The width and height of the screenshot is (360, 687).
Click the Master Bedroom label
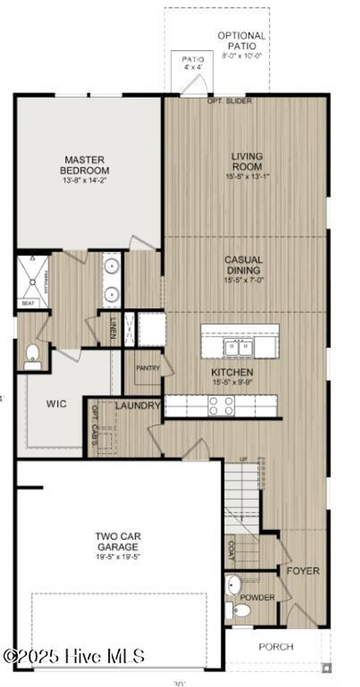85,165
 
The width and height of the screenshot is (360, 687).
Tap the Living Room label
247,161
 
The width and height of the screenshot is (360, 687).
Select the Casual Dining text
243,265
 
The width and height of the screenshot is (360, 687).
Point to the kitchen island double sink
239,348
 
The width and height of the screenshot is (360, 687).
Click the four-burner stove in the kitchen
221,406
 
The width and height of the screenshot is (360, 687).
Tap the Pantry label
148,368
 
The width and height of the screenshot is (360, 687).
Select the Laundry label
137,406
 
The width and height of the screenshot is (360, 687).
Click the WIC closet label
56,403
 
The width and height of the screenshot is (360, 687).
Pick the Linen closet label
113,328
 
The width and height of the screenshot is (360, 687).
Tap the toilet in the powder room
242,610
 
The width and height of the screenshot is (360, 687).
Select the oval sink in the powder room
233,584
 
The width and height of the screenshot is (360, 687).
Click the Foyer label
303,571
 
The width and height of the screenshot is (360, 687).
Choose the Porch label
276,647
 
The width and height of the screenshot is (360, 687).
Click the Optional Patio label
242,41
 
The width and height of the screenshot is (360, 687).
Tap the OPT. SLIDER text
229,101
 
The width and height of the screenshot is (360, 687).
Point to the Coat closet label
231,550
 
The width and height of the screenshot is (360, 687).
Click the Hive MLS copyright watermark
73,656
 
